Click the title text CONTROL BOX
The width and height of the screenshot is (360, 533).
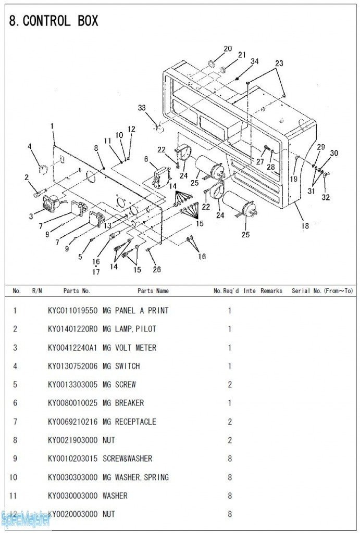pyautogui.click(x=60, y=21)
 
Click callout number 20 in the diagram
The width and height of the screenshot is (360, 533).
pyautogui.click(x=228, y=49)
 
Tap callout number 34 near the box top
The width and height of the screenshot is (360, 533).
pyautogui.click(x=254, y=61)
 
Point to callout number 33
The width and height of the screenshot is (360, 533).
pyautogui.click(x=142, y=108)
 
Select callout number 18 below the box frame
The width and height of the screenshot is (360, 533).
pyautogui.click(x=305, y=226)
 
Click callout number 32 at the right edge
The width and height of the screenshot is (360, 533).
pyautogui.click(x=326, y=197)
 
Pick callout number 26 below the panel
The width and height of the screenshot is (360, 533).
pyautogui.click(x=157, y=269)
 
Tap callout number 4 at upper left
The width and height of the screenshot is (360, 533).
pyautogui.click(x=30, y=146)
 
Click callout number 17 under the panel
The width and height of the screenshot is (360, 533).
pyautogui.click(x=96, y=272)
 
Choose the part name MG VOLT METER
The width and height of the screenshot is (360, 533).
pyautogui.click(x=129, y=348)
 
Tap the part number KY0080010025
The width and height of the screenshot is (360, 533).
pyautogui.click(x=72, y=403)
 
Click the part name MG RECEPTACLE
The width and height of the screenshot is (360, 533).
pyautogui.click(x=129, y=422)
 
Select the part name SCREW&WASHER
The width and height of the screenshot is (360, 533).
pyautogui.click(x=128, y=459)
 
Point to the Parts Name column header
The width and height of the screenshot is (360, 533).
pyautogui.click(x=153, y=291)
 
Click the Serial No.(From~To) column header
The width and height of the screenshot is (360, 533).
pyautogui.click(x=322, y=291)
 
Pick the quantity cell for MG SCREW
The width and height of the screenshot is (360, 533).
pyautogui.click(x=230, y=385)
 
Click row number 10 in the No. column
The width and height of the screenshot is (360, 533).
pyautogui.click(x=15, y=477)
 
